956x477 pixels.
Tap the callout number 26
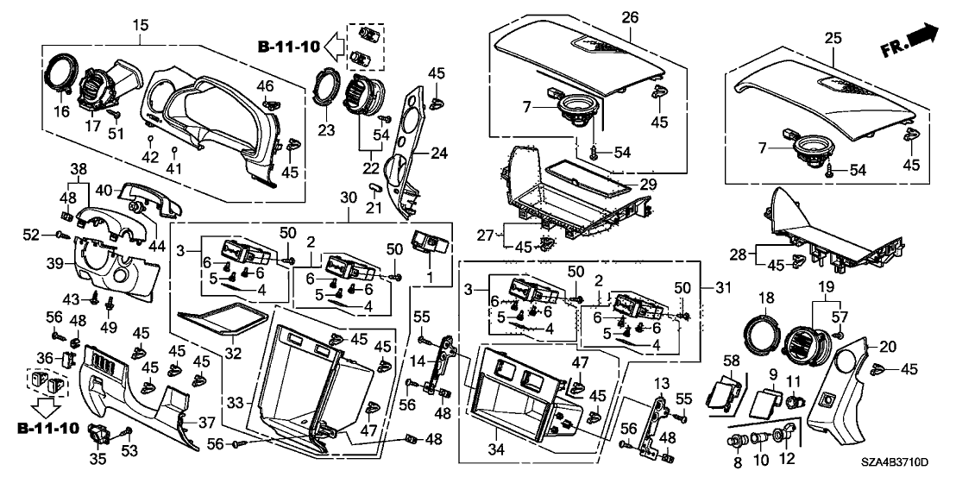click(x=629, y=17)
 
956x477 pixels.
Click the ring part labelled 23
click(x=328, y=87)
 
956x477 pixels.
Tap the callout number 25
click(x=833, y=38)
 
